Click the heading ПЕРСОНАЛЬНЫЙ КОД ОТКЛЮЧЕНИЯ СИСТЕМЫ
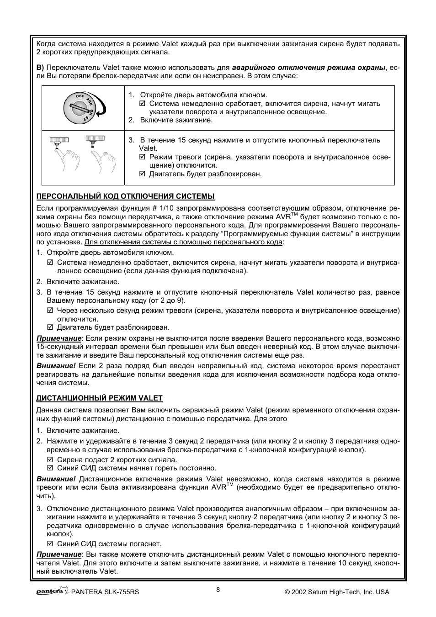(126, 196)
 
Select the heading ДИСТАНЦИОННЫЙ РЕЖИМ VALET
(100, 398)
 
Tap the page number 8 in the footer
(218, 590)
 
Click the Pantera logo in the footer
(52, 591)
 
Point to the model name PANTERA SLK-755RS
(105, 592)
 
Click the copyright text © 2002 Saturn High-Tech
(337, 592)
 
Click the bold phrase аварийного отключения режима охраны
(308, 67)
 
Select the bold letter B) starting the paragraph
(40, 67)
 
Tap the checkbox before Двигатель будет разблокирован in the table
(142, 174)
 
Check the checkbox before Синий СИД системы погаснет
(50, 544)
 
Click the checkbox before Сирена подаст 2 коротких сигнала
(50, 460)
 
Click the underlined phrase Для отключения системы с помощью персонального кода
(183, 242)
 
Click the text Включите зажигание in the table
(176, 120)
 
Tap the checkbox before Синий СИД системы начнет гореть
(50, 468)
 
